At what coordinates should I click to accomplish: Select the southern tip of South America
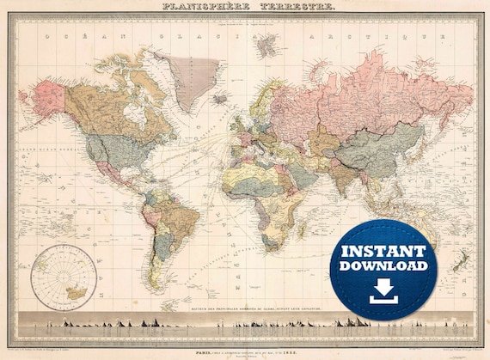pyautogui.click(x=163, y=288)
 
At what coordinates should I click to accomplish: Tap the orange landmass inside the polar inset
pyautogui.click(x=77, y=291)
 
